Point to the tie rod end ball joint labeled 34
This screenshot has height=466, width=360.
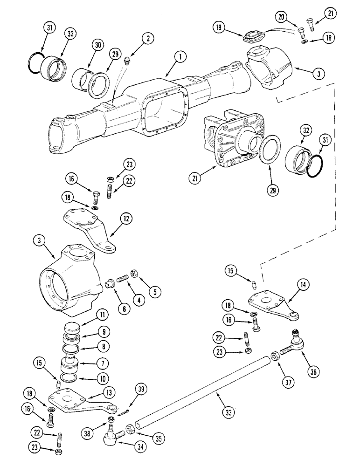pyautogui.click(x=111, y=436)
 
